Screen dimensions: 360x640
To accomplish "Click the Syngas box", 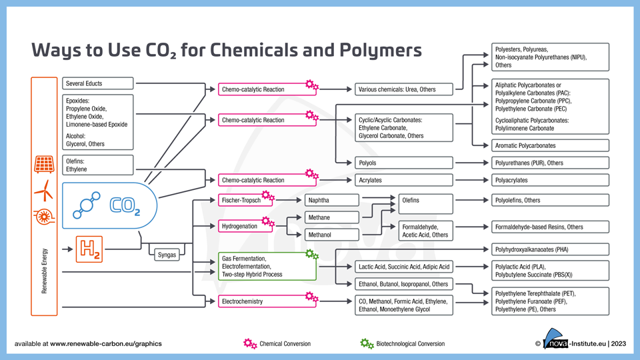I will coord(167,255).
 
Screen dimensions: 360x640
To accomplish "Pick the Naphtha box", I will coord(331,200).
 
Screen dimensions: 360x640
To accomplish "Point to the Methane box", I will coord(331,217).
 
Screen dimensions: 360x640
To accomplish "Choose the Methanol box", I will coord(331,235).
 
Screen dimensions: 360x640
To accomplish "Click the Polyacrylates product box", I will coord(550,180).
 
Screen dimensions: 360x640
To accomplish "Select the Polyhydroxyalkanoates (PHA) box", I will coord(550,249).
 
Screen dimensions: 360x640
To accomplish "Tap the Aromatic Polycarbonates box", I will coord(550,145).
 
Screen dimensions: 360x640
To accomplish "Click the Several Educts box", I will coord(98,83).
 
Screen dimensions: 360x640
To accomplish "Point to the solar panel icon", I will coord(44,164).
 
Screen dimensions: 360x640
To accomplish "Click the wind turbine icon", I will coord(44,191).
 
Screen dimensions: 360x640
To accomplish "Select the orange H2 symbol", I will coord(89,249).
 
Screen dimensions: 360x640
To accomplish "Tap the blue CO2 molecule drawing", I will coord(87,205).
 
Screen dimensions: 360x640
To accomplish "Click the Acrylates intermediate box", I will coord(403,180).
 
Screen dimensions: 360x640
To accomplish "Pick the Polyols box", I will coord(403,163).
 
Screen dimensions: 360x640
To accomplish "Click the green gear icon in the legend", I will coord(367,343).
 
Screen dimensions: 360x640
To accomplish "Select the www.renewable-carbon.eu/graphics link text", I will coord(105,344).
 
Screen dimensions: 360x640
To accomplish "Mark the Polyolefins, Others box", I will coord(550,200).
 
